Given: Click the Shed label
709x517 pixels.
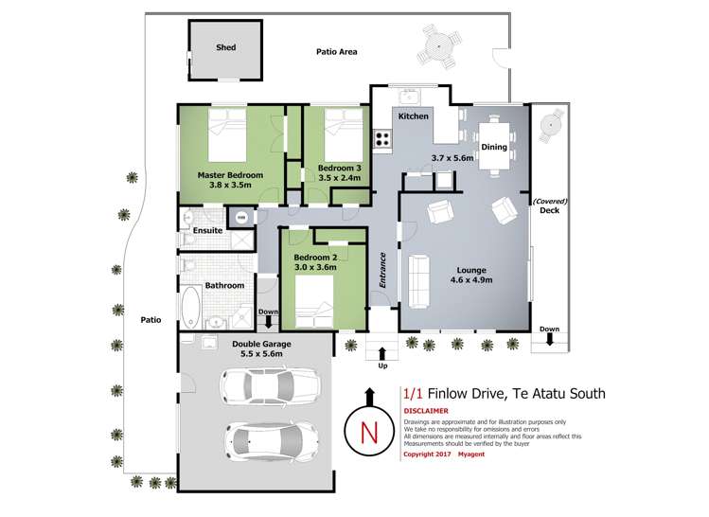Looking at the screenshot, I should (225, 46).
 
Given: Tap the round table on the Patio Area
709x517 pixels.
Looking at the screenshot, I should (440, 45).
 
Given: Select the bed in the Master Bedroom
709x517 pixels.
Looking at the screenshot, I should (227, 136).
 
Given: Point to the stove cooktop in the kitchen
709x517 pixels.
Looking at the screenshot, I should (383, 138).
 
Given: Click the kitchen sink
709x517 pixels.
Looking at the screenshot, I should (411, 96).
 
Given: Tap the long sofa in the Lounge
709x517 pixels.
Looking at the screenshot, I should (420, 276).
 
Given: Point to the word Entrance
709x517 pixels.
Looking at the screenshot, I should (383, 267).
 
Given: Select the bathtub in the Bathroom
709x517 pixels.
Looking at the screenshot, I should (189, 310).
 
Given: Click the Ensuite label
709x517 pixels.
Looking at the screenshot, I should (207, 230).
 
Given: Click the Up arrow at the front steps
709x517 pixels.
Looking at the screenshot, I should (382, 356).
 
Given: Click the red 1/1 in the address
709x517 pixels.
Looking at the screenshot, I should (413, 392).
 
